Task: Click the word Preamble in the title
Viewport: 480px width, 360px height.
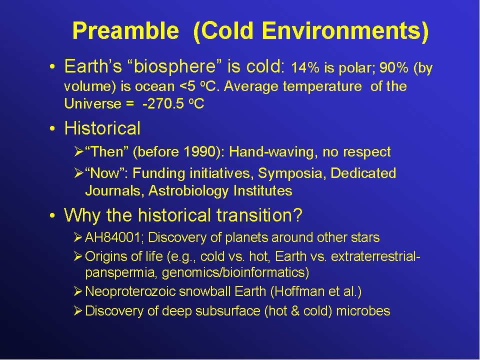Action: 125,31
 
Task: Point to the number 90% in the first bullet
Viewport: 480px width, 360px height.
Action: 393,67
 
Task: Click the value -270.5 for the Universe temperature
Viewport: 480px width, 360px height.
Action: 163,104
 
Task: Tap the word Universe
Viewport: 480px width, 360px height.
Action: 93,104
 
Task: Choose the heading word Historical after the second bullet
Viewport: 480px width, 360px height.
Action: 102,128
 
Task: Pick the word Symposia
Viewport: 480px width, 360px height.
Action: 290,174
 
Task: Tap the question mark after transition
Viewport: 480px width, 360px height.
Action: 298,215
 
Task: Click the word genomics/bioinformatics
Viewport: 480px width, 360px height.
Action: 235,273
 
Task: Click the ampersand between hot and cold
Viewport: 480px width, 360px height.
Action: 295,311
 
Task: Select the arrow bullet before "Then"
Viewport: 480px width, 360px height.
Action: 78,152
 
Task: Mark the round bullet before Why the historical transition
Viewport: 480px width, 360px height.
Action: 52,215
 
